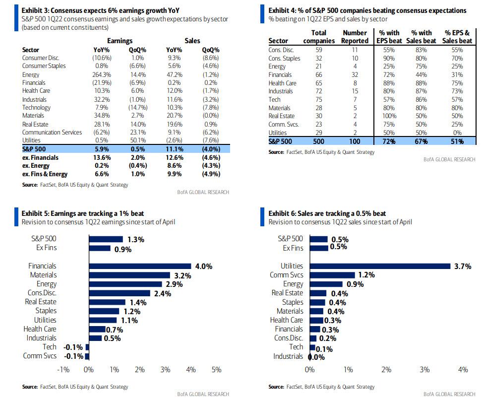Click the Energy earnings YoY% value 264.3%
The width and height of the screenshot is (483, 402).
pos(102,74)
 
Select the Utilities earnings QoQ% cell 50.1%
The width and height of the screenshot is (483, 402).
pos(138,140)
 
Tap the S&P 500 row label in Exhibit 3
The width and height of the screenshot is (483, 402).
pos(34,149)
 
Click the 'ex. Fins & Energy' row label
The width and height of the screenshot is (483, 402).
pos(45,174)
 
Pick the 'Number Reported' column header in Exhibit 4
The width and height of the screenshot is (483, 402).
pos(355,37)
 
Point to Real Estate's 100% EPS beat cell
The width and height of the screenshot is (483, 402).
pos(389,116)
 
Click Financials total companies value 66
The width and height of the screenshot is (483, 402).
pos(318,74)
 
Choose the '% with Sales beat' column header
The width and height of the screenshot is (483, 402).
pos(421,37)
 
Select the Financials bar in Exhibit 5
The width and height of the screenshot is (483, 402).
pos(140,266)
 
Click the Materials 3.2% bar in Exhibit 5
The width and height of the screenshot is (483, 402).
pos(129,275)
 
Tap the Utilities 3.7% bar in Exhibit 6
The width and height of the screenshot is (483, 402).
pos(380,266)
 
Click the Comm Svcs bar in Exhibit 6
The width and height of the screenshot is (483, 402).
pos(332,275)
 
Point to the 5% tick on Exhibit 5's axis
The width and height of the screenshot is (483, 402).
pos(216,369)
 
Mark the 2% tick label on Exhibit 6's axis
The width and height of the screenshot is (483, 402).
pos(386,369)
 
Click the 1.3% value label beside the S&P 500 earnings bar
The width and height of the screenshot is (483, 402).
pos(136,240)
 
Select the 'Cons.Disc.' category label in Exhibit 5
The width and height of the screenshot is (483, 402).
pos(42,293)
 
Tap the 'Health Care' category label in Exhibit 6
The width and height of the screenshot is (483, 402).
pos(287,320)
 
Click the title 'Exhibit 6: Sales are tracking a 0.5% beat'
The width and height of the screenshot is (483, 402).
pos(327,213)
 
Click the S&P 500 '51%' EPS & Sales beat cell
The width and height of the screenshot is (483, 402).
pos(457,141)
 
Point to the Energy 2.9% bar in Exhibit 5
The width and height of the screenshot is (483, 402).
pos(125,284)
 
